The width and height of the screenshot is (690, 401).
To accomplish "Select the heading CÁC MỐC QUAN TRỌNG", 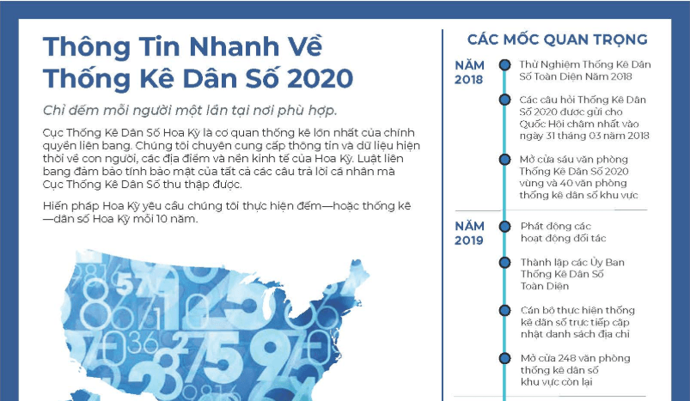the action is (x=557, y=39).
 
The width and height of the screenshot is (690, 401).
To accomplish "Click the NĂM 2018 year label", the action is (x=469, y=72).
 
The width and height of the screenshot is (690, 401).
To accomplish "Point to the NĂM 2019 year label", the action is (x=469, y=233).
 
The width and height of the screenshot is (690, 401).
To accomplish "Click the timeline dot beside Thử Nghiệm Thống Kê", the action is (x=504, y=65).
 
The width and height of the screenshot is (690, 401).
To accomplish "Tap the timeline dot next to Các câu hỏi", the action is (x=504, y=100).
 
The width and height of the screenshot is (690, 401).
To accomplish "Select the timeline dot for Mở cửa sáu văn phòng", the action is (x=504, y=159).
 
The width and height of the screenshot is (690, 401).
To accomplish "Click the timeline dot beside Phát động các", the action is (x=504, y=227).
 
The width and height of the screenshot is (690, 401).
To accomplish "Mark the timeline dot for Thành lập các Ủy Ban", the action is (x=504, y=263).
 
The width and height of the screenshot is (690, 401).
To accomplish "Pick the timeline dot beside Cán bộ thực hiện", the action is (x=504, y=311).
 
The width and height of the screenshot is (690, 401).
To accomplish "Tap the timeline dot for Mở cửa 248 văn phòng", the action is (x=504, y=358).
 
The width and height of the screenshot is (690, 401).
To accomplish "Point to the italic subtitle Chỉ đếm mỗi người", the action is (x=190, y=111).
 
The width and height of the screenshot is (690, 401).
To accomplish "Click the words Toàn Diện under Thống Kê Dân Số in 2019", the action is (x=545, y=286).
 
